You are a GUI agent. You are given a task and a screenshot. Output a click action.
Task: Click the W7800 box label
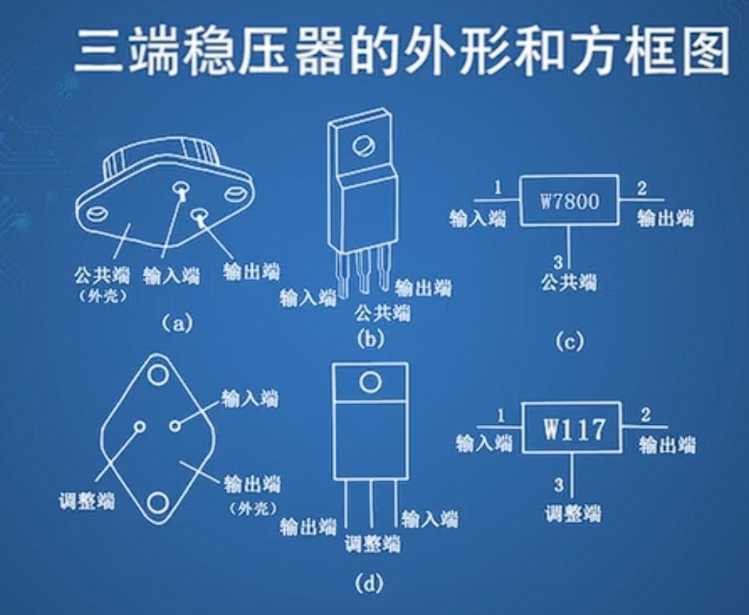pos(568,201)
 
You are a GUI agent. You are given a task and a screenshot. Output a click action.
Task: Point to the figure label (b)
pos(371,339)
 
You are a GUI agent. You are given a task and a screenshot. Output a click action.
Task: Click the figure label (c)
pos(569,342)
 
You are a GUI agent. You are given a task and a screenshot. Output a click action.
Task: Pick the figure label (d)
pos(371,583)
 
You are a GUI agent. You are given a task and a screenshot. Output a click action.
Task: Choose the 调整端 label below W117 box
pos(571,513)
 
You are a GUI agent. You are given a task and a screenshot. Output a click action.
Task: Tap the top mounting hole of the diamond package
pos(157,373)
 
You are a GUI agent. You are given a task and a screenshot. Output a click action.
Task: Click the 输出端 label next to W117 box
pos(667,445)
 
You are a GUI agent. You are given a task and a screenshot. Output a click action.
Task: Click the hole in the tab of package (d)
pos(369,382)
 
